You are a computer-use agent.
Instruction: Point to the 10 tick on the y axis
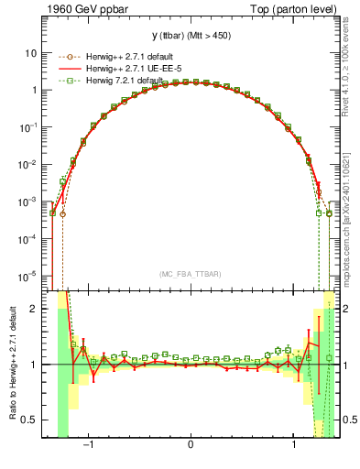(x=31, y=53)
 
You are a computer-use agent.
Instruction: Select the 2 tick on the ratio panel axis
(x=35, y=309)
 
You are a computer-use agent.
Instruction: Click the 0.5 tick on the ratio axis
(x=31, y=420)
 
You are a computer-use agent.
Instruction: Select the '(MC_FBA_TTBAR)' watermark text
(x=191, y=273)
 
